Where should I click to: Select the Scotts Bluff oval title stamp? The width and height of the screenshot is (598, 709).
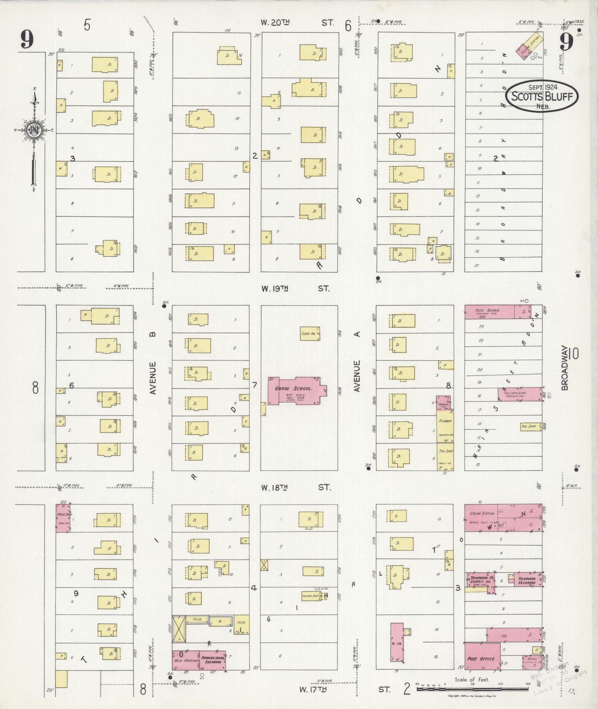(542, 96)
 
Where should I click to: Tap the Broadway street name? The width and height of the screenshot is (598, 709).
(565, 368)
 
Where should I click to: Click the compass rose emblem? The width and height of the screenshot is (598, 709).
(33, 130)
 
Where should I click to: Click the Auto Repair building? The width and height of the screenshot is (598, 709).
(488, 312)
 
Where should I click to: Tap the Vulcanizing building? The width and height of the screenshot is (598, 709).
(520, 394)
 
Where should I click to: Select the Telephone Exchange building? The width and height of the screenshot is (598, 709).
(527, 580)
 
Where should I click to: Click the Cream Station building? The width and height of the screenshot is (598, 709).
(482, 517)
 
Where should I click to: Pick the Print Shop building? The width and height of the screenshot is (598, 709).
(62, 517)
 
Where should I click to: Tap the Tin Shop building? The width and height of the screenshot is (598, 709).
(445, 457)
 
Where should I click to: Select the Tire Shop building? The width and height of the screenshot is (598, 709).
(531, 426)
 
